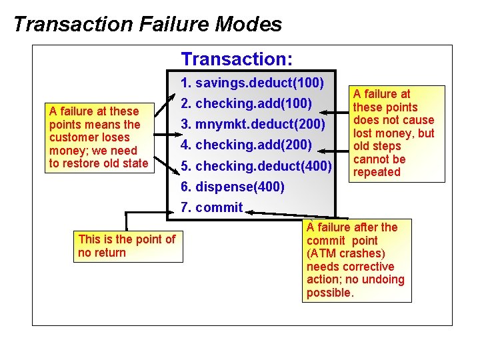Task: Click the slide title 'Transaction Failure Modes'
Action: click(x=147, y=25)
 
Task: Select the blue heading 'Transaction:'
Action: click(x=237, y=59)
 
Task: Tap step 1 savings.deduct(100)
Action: click(x=253, y=83)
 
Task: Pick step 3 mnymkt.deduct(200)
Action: click(x=253, y=125)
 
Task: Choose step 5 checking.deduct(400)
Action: click(x=256, y=165)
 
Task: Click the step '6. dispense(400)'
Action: click(x=233, y=186)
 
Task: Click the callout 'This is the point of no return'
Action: click(x=127, y=245)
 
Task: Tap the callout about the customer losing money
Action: click(x=99, y=137)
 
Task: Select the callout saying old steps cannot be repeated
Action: click(x=393, y=133)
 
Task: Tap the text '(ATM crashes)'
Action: click(x=345, y=253)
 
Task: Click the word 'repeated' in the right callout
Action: click(x=377, y=172)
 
